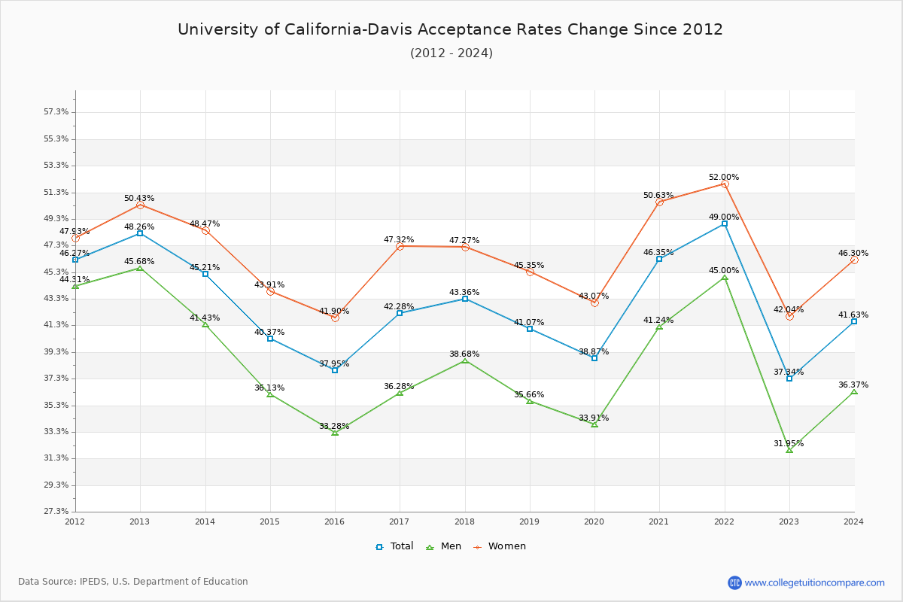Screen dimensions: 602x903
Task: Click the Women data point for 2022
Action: coord(725,184)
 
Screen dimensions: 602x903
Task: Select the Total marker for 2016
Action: coord(335,370)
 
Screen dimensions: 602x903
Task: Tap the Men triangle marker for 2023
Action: coord(789,450)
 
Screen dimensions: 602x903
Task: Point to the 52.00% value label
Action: coord(724,178)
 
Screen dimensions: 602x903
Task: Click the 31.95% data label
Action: coord(789,444)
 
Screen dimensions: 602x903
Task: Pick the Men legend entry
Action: coord(445,546)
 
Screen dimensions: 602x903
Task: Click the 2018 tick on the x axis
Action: coord(465,521)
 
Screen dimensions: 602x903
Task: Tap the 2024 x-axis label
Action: coord(853,521)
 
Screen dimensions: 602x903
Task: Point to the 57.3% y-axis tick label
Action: coord(56,112)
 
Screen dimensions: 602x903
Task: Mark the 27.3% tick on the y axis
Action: coord(56,512)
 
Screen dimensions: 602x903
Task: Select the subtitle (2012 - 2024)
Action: coord(451,53)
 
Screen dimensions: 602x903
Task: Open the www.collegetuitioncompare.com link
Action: coord(815,582)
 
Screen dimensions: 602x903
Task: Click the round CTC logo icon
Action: coord(734,582)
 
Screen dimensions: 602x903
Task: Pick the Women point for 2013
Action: coord(140,205)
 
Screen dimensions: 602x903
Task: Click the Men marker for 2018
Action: coord(465,361)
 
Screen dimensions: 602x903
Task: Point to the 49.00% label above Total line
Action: coord(724,217)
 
